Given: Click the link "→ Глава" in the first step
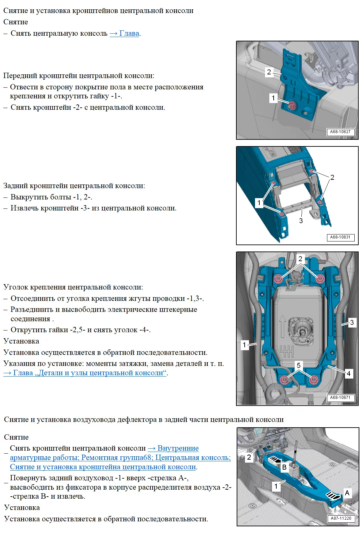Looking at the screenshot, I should click(x=125, y=33).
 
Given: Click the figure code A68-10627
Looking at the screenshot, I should click(x=340, y=132).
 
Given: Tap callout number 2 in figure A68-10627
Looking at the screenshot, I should click(x=269, y=72).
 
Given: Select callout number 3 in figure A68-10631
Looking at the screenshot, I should click(x=301, y=221).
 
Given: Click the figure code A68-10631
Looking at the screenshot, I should click(x=340, y=237).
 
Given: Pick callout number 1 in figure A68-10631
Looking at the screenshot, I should click(x=259, y=202).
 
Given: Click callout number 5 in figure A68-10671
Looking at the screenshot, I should click(x=299, y=365).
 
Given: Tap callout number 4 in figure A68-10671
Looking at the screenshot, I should click(x=348, y=374).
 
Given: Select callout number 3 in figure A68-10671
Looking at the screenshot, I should click(x=352, y=322).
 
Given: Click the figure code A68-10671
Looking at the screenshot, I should click(x=340, y=398).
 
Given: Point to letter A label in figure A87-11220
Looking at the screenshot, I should click(x=347, y=493).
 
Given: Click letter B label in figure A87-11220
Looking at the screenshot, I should click(x=284, y=467).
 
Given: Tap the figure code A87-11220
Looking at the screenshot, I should click(x=341, y=518).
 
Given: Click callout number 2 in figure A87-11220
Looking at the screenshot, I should click(x=249, y=457).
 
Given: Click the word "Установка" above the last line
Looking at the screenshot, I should click(x=22, y=508).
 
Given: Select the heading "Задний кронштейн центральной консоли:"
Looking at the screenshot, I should click(x=74, y=186).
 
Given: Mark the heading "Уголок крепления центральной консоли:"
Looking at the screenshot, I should click(x=73, y=287).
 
